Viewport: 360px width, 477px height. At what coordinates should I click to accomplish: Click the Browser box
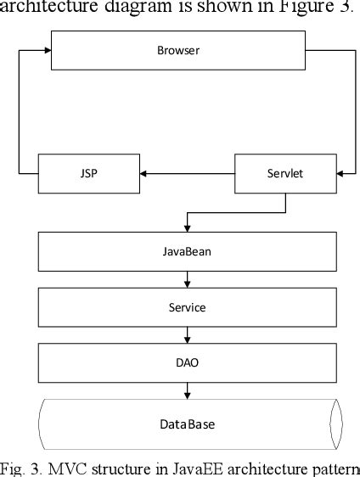pyautogui.click(x=178, y=51)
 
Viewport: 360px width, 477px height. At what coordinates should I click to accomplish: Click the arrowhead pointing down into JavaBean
pyautogui.click(x=187, y=227)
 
